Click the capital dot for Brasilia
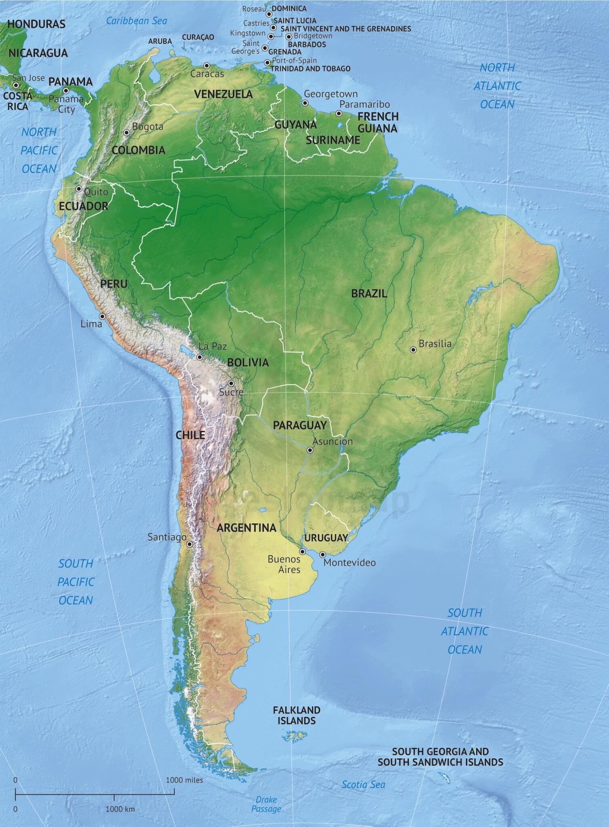tap(413, 350)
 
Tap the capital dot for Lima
tap(102, 316)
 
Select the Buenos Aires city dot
tap(302, 552)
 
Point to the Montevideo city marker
tap(322, 554)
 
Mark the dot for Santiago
tap(190, 544)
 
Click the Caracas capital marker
tap(207, 65)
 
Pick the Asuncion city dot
tap(310, 450)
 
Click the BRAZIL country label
tap(369, 294)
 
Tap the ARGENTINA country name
tap(247, 527)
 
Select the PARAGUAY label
tap(299, 425)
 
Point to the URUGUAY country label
tap(326, 537)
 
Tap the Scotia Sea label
tap(363, 785)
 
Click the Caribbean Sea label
tap(136, 21)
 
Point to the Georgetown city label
tap(331, 94)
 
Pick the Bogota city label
tap(148, 127)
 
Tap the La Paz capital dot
tap(200, 357)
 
